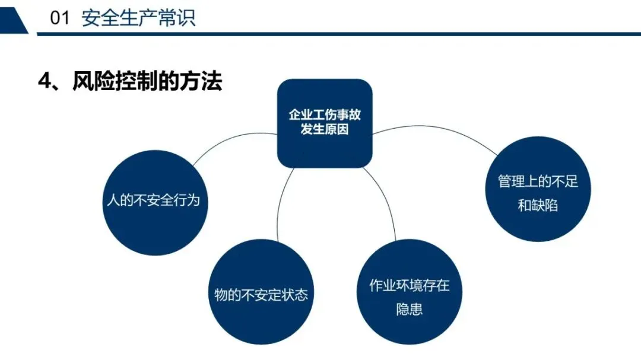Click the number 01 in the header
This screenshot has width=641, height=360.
(61, 18)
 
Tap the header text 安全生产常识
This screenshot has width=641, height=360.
(138, 18)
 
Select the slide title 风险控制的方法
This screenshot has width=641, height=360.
(147, 81)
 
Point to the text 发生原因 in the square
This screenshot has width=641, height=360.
(325, 129)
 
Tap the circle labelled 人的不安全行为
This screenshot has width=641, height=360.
(153, 202)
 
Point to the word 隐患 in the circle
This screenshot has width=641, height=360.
(410, 309)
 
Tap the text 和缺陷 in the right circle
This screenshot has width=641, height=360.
(538, 206)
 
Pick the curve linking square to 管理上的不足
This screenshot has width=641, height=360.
(439, 130)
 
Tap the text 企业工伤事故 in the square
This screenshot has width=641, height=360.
(325, 114)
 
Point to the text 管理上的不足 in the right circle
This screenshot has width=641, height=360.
(538, 181)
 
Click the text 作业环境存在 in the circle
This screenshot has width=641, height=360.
(410, 286)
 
